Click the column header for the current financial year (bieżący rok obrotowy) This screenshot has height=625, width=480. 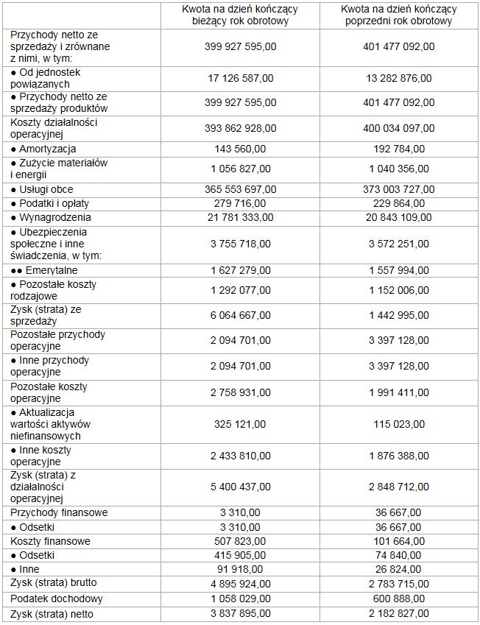pos(241,15)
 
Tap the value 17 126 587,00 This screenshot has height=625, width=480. pos(241,78)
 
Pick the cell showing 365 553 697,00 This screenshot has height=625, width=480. pos(241,190)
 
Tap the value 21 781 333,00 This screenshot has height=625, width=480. pos(241,217)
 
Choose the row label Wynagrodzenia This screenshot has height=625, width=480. pos(52,217)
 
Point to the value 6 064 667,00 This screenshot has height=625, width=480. pos(241,315)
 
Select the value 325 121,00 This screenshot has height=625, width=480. pos(241,424)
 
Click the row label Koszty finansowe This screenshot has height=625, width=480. pos(51,541)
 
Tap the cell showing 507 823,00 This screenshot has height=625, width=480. pos(241,541)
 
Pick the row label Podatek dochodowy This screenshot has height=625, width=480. pos(57,599)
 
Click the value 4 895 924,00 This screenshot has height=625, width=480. pos(241,585)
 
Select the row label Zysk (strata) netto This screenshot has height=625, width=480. pos(52,614)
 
